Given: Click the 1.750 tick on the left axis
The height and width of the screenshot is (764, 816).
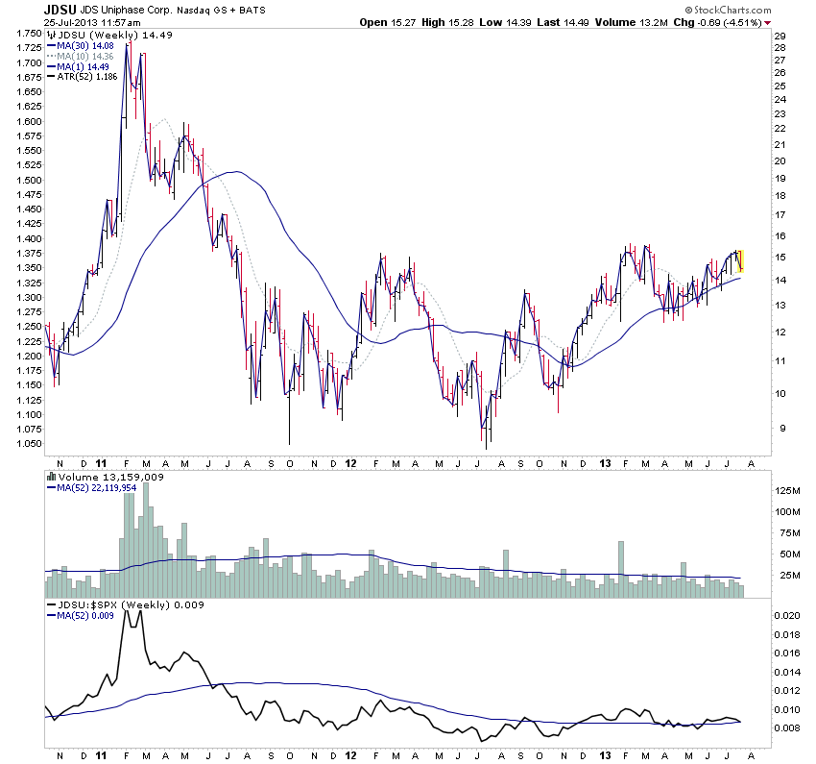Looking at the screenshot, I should pos(29,34).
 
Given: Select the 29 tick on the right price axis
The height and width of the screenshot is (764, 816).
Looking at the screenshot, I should pos(780,36).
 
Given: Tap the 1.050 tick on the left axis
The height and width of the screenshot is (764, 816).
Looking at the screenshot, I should pos(29,444).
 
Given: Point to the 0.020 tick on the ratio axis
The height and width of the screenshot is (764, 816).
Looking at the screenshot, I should pos(787,614).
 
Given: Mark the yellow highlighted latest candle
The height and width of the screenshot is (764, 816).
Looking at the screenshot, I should pos(741,259).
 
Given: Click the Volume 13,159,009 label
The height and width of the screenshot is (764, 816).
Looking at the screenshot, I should pos(99,475).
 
